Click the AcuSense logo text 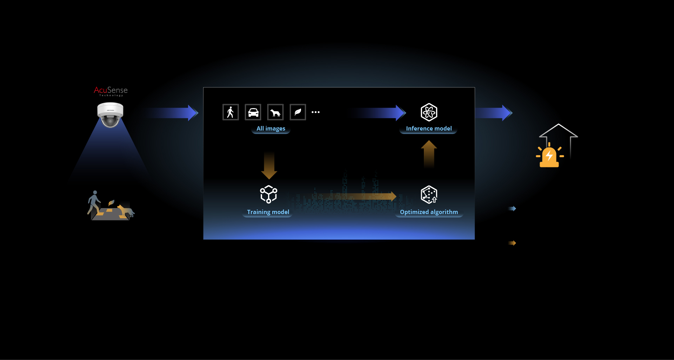click(111, 91)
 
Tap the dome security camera click(110, 114)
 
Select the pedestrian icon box click(231, 112)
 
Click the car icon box click(253, 112)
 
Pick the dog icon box click(275, 112)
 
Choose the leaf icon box click(298, 112)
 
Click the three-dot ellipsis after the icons click(315, 112)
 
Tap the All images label click(271, 129)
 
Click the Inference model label click(429, 129)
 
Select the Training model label click(268, 212)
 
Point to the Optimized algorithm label click(429, 212)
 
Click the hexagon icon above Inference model click(429, 112)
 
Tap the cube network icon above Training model click(269, 194)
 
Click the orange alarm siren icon click(549, 156)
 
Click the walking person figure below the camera click(94, 202)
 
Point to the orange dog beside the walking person click(126, 211)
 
